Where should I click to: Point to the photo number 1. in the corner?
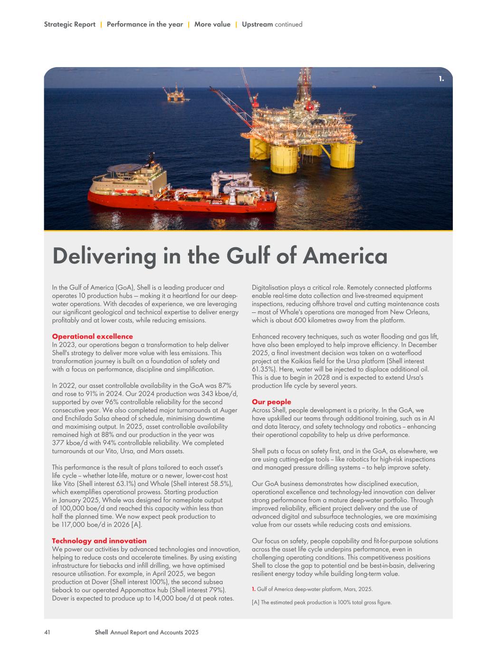pos(441,79)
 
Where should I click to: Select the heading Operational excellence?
pos(92,337)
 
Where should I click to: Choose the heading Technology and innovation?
pos(99,541)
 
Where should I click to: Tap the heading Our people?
pos(271,402)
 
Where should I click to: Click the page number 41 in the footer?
pos(47,632)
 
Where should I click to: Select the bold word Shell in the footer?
pos(101,632)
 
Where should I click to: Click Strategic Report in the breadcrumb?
pos(69,24)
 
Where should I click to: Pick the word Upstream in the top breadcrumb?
pos(257,24)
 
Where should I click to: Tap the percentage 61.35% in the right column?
pos(262,369)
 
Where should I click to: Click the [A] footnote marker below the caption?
pos(255,602)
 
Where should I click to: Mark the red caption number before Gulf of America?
pos(253,589)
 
